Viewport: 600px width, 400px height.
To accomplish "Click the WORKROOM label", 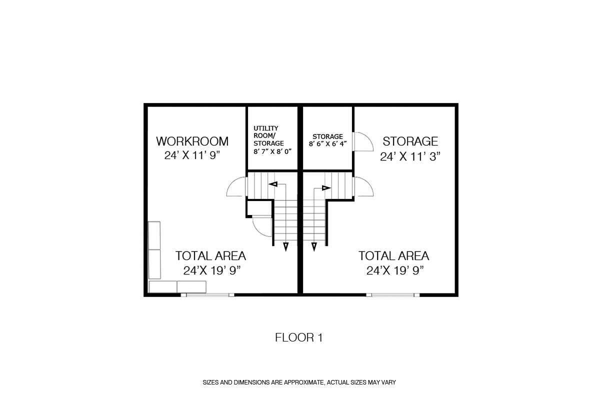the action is click(192, 141).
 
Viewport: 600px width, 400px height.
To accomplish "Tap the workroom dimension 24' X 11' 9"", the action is click(192, 155).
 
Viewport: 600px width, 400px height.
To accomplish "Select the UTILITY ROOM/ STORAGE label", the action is click(268, 135).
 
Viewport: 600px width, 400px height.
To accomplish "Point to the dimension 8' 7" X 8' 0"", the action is click(272, 151).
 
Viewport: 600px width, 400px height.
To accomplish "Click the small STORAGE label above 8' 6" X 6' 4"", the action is click(327, 136).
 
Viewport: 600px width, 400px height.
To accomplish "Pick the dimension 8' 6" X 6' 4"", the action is click(328, 144).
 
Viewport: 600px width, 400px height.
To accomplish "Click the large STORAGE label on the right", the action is click(410, 141).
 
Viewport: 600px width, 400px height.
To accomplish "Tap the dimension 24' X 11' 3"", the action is click(410, 156).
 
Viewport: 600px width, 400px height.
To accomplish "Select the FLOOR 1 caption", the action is click(299, 337).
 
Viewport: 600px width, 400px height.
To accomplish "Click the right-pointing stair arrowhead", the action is click(326, 188).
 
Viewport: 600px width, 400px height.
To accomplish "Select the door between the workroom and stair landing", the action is click(236, 186).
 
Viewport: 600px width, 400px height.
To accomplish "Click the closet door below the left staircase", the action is click(262, 226).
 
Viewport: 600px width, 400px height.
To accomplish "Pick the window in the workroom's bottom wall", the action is click(207, 295).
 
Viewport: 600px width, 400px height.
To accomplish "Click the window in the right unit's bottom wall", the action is click(392, 295).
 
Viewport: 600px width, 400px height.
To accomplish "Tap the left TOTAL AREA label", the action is click(210, 256).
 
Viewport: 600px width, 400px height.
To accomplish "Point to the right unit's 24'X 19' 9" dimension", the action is click(395, 271).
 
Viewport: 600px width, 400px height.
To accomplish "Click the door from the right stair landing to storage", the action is click(364, 186).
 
